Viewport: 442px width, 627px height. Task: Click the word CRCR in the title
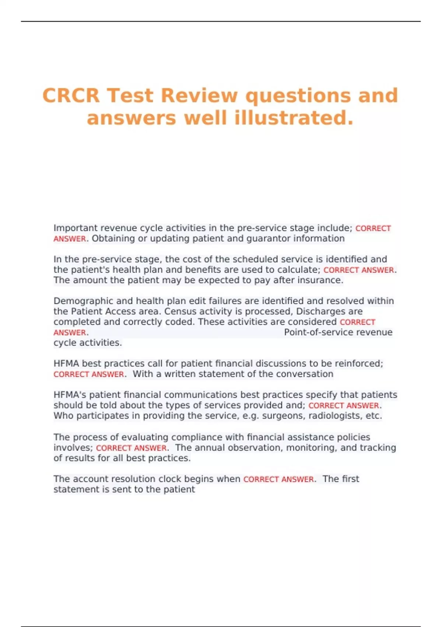point(71,96)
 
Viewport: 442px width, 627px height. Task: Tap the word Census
point(180,312)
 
